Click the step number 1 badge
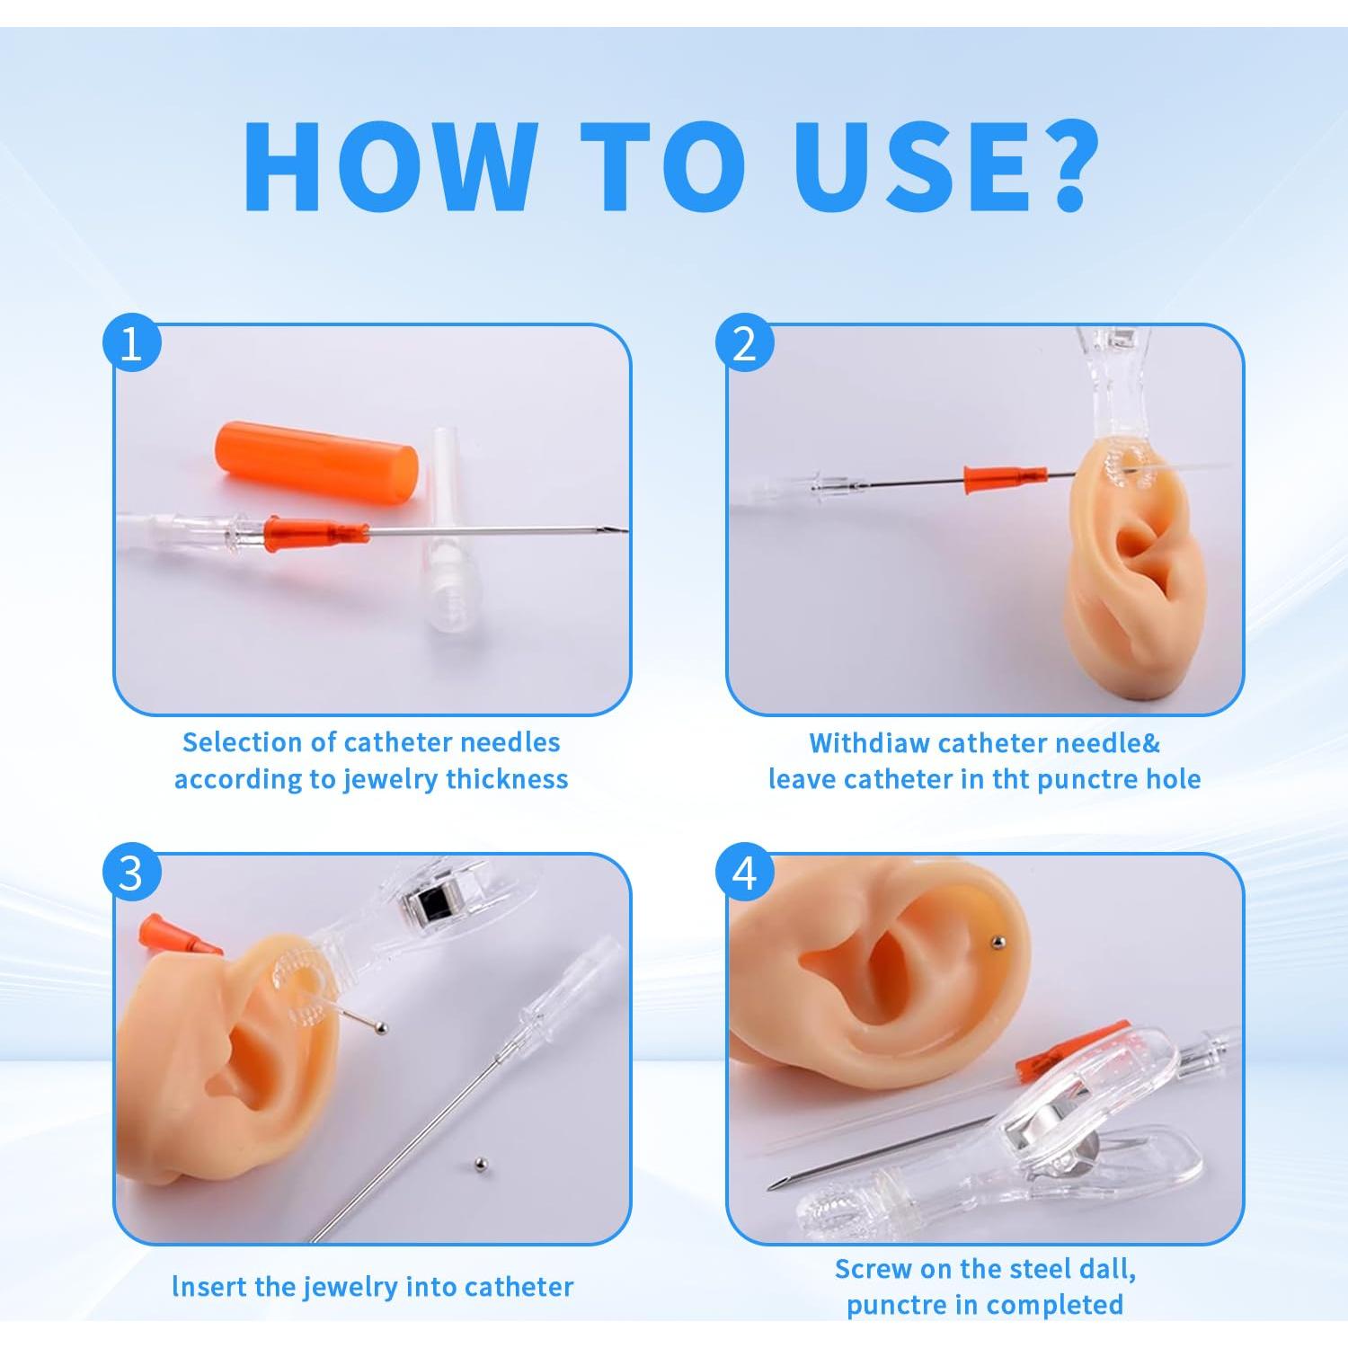click(x=131, y=343)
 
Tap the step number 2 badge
click(x=744, y=343)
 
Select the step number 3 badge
click(x=131, y=873)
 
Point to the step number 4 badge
click(x=744, y=873)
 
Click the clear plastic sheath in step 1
click(x=447, y=539)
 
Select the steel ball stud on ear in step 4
click(x=997, y=941)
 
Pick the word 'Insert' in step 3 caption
click(x=209, y=1287)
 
